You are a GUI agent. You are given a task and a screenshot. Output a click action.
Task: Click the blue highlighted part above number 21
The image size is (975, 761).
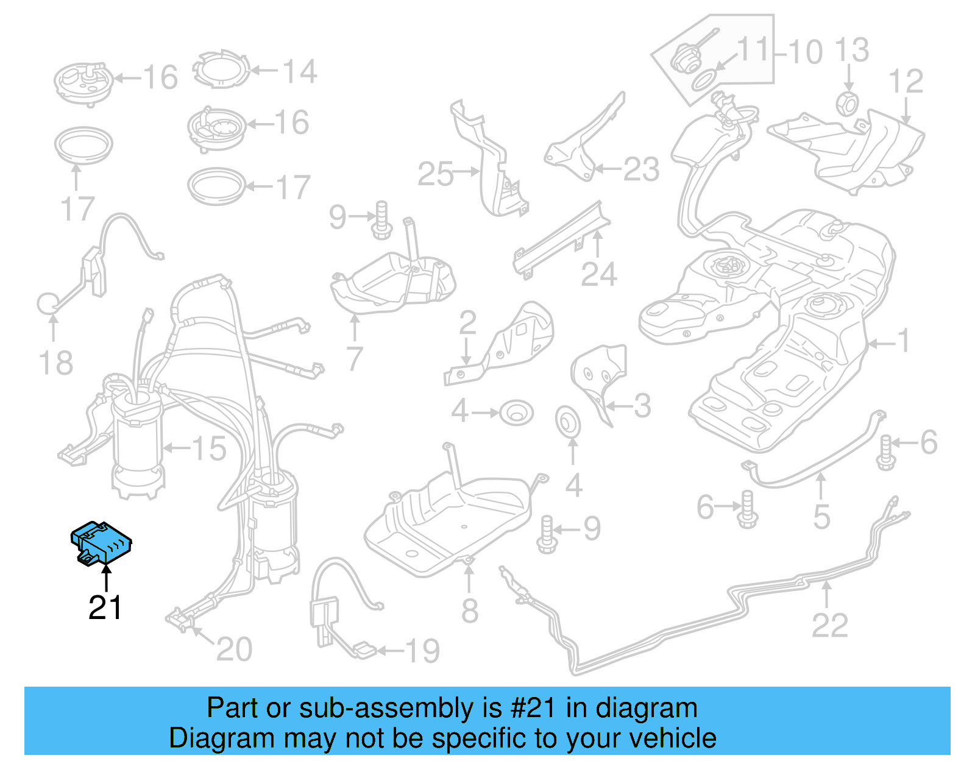click(x=101, y=543)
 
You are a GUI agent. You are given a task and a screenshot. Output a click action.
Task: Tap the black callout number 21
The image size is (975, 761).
click(x=105, y=608)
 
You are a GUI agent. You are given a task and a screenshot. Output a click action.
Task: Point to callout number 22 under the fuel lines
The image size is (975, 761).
click(x=829, y=626)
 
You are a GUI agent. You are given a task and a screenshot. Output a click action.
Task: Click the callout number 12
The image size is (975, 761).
click(x=906, y=82)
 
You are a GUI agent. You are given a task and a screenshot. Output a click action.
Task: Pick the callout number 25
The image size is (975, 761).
click(x=435, y=174)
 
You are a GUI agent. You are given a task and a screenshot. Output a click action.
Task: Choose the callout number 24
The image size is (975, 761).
click(x=598, y=275)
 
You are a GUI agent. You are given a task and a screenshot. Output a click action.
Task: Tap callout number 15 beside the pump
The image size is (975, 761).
click(x=209, y=449)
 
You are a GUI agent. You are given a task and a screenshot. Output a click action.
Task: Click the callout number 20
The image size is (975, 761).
click(x=234, y=650)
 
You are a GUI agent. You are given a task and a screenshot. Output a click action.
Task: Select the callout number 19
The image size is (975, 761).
click(x=422, y=651)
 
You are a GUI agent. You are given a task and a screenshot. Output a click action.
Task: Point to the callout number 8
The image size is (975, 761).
click(x=469, y=611)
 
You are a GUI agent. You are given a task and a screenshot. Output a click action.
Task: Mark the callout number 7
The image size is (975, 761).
click(x=355, y=358)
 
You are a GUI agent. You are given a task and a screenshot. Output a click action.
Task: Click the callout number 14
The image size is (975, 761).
click(x=299, y=72)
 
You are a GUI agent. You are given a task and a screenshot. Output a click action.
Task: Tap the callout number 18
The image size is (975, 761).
click(x=55, y=364)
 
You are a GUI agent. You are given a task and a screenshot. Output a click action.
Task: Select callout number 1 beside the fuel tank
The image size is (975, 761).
click(x=904, y=341)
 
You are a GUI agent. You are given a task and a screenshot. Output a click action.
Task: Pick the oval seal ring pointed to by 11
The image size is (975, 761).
click(x=704, y=80)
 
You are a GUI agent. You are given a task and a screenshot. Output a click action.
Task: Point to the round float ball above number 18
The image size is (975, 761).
click(x=48, y=303)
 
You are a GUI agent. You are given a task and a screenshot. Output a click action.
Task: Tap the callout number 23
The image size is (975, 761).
click(x=641, y=170)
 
